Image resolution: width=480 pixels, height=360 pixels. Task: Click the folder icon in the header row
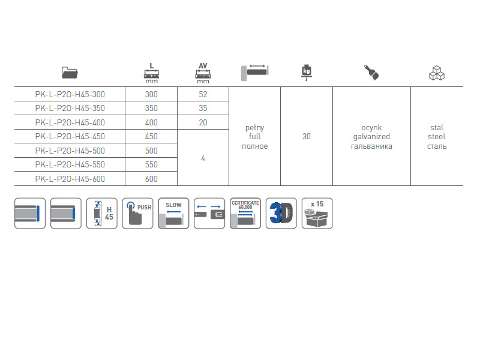click(x=70, y=73)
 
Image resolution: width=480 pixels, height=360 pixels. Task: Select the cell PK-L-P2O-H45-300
click(x=70, y=94)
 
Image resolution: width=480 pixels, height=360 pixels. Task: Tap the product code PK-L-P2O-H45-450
click(x=70, y=137)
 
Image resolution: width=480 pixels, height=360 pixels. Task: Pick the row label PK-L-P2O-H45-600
click(x=70, y=179)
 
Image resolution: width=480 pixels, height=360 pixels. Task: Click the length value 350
click(x=151, y=109)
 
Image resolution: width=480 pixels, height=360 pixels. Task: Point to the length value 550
click(x=151, y=165)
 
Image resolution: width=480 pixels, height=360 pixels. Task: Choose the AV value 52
click(x=203, y=94)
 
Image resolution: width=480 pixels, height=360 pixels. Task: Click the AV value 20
click(x=203, y=122)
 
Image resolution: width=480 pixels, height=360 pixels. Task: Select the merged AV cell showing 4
click(x=203, y=158)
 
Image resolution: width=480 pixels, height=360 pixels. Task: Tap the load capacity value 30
click(x=307, y=137)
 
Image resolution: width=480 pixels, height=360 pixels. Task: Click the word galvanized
click(x=371, y=137)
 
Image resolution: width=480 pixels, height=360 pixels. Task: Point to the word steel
click(x=437, y=137)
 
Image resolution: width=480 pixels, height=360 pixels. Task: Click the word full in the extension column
click(x=254, y=137)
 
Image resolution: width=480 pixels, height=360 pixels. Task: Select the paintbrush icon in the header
click(x=371, y=73)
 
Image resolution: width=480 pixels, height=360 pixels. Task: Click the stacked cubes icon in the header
click(x=437, y=73)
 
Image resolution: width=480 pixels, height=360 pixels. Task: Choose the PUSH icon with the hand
click(x=137, y=213)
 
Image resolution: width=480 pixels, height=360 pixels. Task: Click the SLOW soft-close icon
click(x=173, y=213)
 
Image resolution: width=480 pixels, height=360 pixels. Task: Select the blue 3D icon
click(x=281, y=213)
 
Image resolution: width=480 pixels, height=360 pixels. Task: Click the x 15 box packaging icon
click(x=317, y=213)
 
